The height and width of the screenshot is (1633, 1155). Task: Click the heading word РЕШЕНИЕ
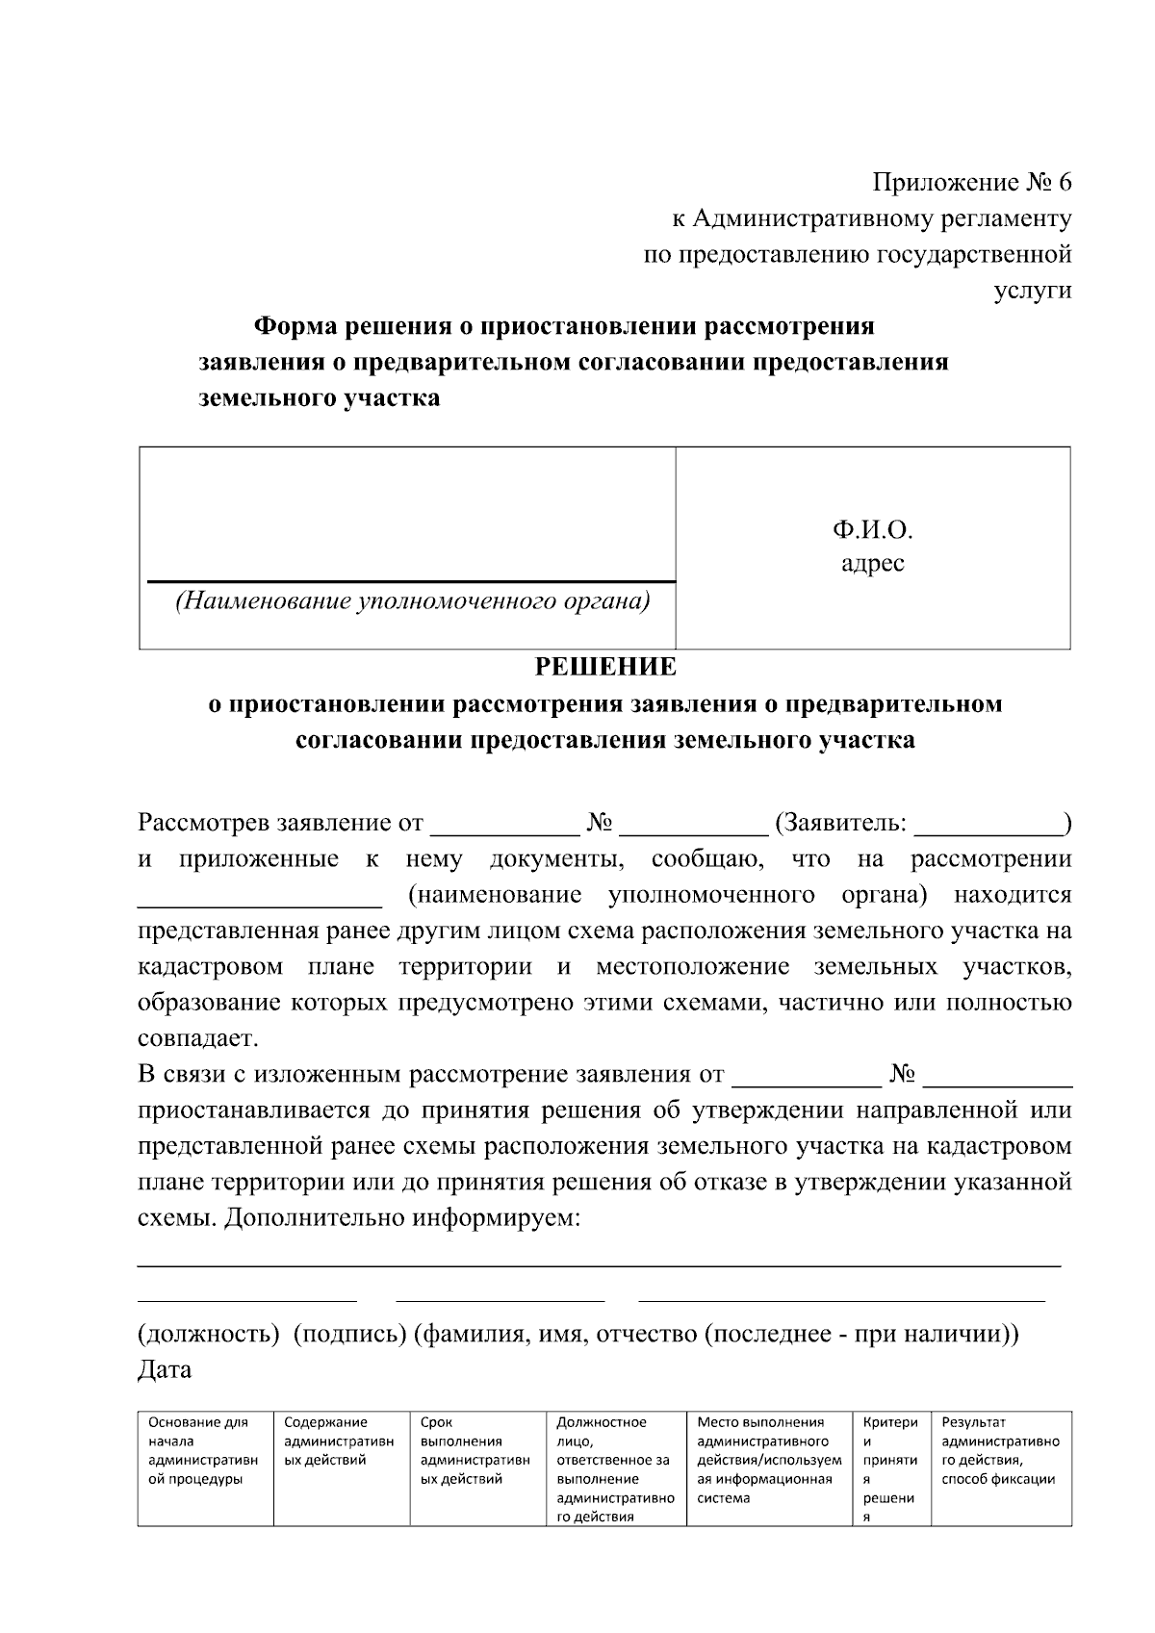[x=605, y=667]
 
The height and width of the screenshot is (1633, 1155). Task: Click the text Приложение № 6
[x=971, y=182]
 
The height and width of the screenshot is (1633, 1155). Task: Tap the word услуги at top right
[x=1033, y=291]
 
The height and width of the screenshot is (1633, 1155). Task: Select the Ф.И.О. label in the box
[x=872, y=530]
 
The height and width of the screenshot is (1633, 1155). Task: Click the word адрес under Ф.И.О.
[x=872, y=563]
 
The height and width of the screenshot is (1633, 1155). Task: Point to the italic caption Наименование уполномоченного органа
[x=411, y=602]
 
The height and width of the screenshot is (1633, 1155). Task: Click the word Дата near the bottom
[x=165, y=1369]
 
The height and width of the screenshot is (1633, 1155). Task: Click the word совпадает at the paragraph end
[x=196, y=1039]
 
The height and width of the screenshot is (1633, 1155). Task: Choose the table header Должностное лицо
[x=602, y=1431]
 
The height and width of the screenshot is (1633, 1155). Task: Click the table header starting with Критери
[x=890, y=1422]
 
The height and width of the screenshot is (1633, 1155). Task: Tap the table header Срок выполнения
[x=462, y=1431]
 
